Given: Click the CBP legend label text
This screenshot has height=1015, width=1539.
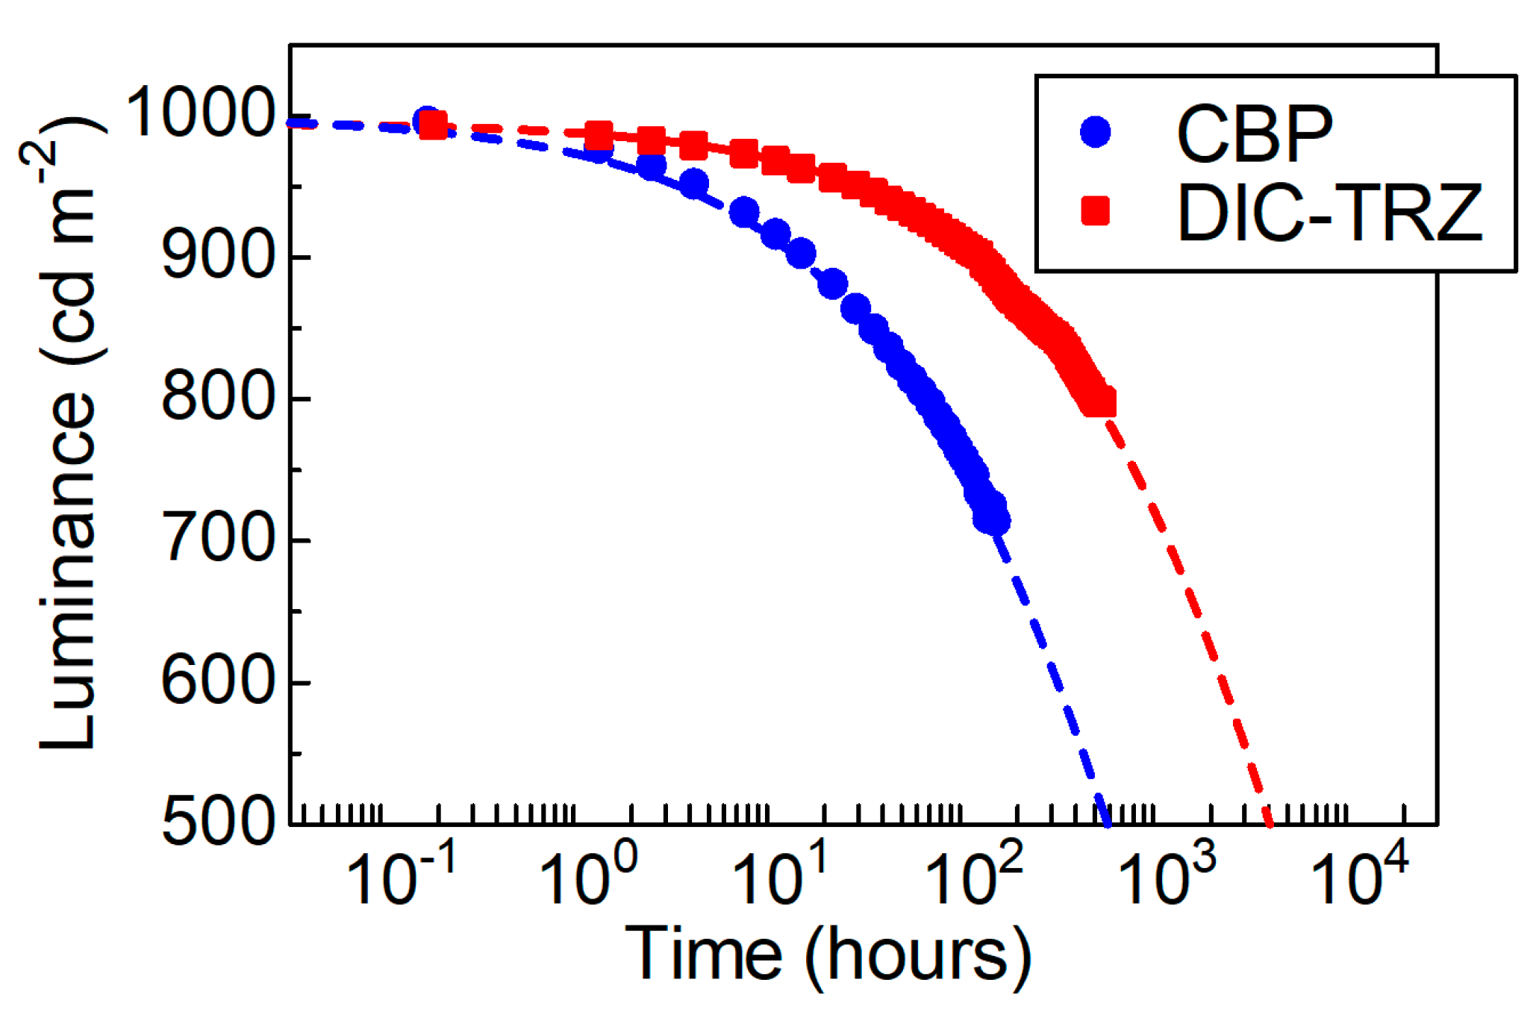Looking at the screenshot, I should tap(1254, 134).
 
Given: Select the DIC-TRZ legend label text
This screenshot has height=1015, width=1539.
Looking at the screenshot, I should tap(1329, 214).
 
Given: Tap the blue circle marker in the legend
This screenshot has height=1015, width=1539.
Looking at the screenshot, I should tap(1096, 132).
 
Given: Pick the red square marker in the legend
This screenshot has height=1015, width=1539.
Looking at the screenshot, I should tap(1096, 210).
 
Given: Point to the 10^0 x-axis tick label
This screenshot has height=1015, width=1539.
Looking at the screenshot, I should tap(589, 877).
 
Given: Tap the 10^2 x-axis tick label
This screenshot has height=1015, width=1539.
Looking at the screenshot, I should tap(974, 877).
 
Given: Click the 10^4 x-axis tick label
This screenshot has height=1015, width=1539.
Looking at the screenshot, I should tap(1359, 877).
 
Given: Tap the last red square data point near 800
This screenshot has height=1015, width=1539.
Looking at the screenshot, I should tap(1102, 403).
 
